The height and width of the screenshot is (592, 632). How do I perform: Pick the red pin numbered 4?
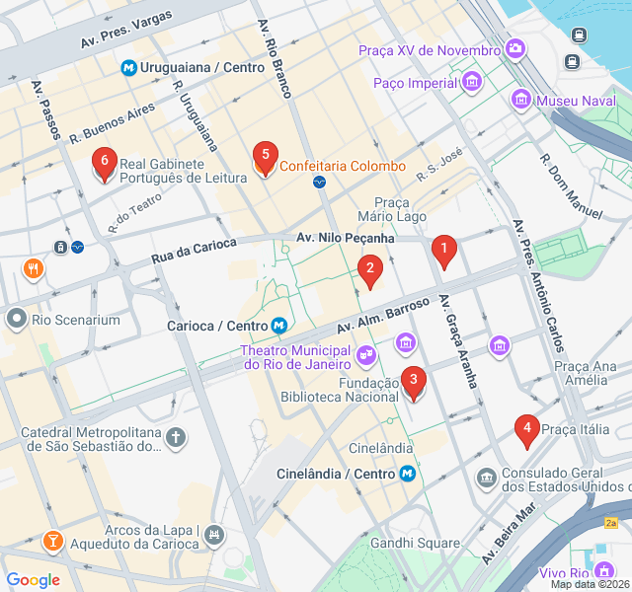click(527, 431)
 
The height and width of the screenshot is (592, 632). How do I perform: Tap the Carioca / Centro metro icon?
click(279, 326)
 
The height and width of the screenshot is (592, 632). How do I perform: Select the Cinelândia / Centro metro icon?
click(407, 474)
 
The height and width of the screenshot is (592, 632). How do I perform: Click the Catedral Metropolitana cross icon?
click(176, 437)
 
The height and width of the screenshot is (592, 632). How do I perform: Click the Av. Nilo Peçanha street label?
click(346, 238)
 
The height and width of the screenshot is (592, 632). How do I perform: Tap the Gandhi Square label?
click(415, 543)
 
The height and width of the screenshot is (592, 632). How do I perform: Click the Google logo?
click(33, 580)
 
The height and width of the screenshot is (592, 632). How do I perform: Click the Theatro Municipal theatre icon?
click(366, 352)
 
